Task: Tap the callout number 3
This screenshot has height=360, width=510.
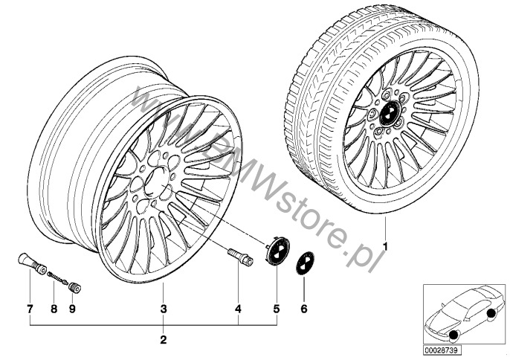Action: pos(163,307)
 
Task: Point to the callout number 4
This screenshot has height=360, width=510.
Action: pos(238,307)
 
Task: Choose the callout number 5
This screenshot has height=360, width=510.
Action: pos(276,307)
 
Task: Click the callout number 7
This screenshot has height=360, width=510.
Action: pos(30,307)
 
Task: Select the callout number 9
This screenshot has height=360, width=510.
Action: pos(73,307)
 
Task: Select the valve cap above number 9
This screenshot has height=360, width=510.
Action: pos(74,286)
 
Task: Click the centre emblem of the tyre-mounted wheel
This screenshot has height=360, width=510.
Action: pos(387,114)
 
